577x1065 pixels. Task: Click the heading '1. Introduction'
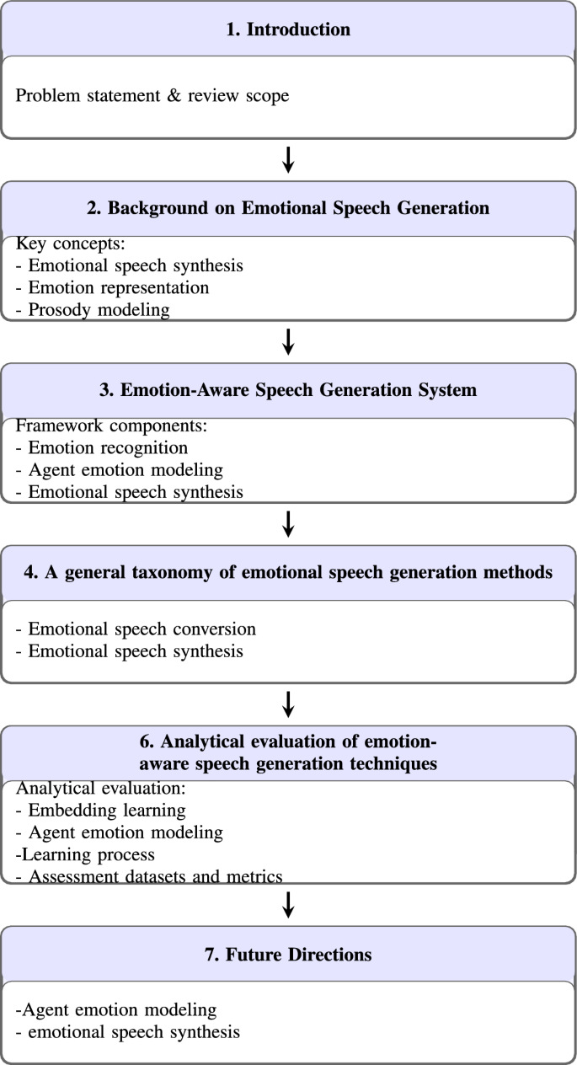click(288, 30)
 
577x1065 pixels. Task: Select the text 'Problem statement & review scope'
click(152, 95)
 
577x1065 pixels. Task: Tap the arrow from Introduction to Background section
click(288, 159)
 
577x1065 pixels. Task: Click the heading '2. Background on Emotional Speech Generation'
click(288, 209)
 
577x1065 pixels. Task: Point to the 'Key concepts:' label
click(72, 245)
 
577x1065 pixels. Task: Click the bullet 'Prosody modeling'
click(93, 309)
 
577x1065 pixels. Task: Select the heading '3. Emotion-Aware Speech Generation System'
click(288, 390)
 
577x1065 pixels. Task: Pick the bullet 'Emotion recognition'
click(102, 448)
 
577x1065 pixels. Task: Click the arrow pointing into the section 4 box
click(288, 522)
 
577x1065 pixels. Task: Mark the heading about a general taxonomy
click(288, 572)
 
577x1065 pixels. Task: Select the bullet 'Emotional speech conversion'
click(136, 629)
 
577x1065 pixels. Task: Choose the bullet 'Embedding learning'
click(101, 811)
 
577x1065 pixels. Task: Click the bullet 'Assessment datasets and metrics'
click(149, 876)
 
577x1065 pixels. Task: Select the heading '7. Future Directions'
click(288, 955)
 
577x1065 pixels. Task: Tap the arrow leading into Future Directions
click(288, 904)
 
